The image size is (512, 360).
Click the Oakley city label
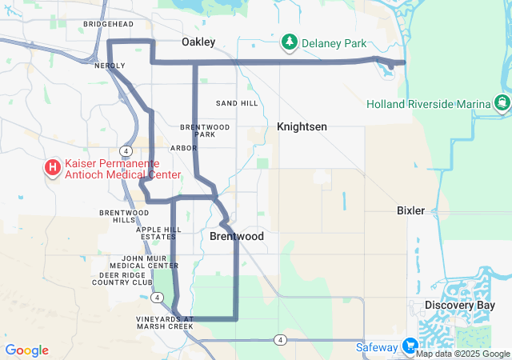coord(198,42)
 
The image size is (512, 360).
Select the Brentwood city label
coord(237,237)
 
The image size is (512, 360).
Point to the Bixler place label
coord(410,210)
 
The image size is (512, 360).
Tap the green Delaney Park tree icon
coord(289,42)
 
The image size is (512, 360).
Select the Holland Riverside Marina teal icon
coord(502,102)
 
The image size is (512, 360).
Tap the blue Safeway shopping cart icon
coord(410,346)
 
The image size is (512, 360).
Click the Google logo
coord(26,350)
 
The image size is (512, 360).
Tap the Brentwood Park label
coord(205,130)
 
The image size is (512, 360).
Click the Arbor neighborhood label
coord(183,148)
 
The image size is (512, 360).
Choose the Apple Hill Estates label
coord(158,233)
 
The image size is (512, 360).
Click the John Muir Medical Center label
coord(138,262)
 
